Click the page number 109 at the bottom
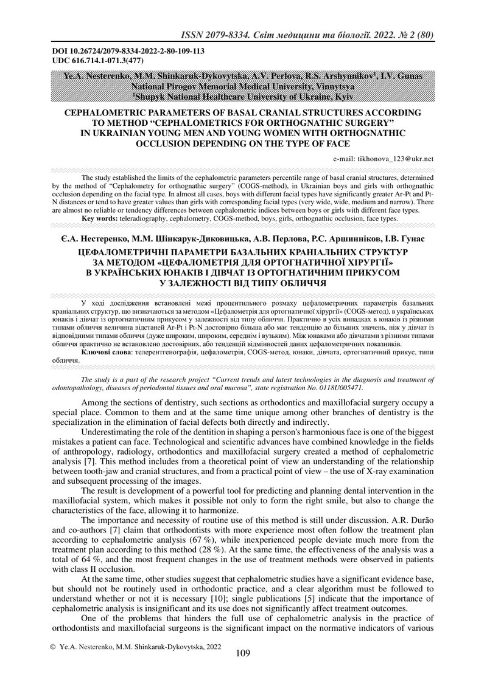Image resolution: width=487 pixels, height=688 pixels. tap(242, 654)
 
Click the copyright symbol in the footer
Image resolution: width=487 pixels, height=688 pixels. tap(52, 647)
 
